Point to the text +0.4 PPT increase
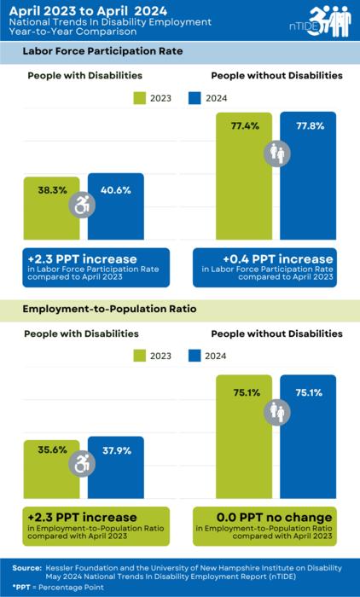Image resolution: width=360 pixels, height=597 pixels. click(264, 258)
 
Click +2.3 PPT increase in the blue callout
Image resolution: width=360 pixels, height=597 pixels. click(70, 258)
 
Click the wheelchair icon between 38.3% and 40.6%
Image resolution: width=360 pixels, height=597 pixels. click(83, 206)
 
